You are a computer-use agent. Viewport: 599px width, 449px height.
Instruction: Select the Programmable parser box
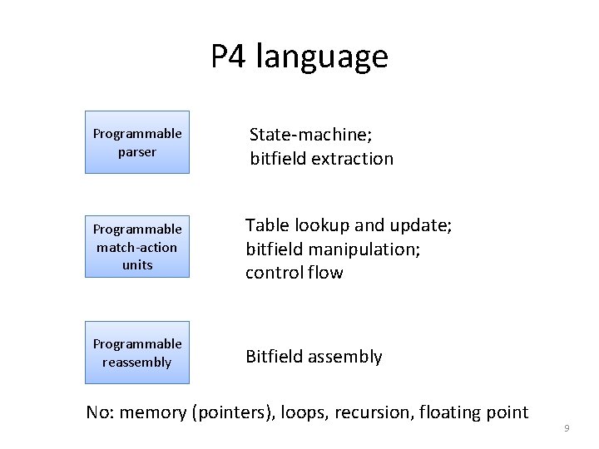click(x=137, y=142)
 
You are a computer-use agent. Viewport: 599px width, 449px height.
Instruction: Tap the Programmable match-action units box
click(x=137, y=246)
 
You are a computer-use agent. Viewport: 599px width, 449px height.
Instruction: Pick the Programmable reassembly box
click(x=137, y=353)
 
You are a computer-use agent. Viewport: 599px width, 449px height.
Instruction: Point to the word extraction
click(x=350, y=158)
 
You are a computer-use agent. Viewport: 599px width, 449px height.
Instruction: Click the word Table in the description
click(x=265, y=225)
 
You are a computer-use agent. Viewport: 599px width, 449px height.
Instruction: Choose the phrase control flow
click(x=295, y=273)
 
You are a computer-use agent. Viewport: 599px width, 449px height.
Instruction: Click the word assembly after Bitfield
click(x=345, y=357)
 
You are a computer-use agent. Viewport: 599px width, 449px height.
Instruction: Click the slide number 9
click(x=567, y=428)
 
